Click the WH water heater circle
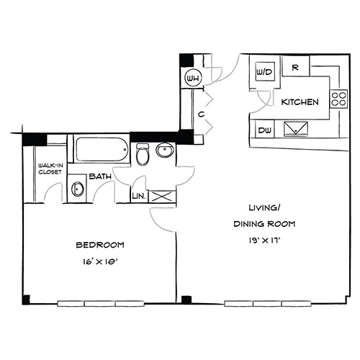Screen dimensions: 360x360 (x=194, y=78)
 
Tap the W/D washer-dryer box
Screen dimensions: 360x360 (x=265, y=72)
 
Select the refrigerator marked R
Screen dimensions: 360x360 (x=295, y=66)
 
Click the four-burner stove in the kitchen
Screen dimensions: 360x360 (x=338, y=99)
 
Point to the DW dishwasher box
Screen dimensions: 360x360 (x=264, y=130)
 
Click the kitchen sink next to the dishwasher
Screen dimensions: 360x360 (x=296, y=129)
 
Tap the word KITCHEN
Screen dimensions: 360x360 (x=300, y=102)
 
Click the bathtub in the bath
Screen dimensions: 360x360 (x=102, y=149)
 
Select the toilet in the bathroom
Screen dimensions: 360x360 (x=143, y=154)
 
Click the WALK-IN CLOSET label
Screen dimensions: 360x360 (x=50, y=168)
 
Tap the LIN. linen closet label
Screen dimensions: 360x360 (x=139, y=197)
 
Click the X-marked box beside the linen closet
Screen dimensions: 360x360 (x=162, y=197)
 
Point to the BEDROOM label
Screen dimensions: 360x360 (x=100, y=245)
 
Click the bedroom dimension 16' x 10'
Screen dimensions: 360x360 (x=100, y=262)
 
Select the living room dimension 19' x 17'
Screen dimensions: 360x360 (x=264, y=240)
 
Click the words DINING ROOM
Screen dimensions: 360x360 (x=264, y=224)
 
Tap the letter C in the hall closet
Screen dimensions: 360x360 (x=201, y=114)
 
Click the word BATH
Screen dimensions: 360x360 (x=100, y=176)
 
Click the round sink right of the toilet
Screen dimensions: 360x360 (x=165, y=150)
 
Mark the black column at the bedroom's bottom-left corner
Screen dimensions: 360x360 (x=26, y=300)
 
